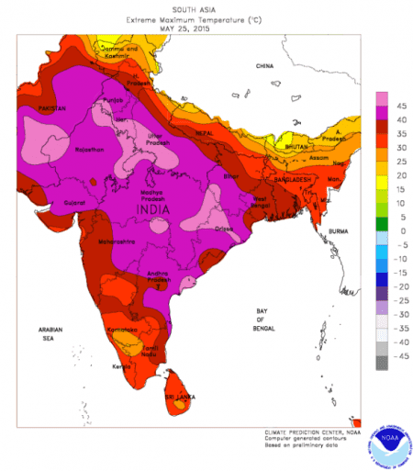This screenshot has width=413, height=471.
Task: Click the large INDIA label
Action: click(155, 211)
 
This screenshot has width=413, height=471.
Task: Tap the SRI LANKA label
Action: click(178, 397)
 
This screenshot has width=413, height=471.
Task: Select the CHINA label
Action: click(265, 66)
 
